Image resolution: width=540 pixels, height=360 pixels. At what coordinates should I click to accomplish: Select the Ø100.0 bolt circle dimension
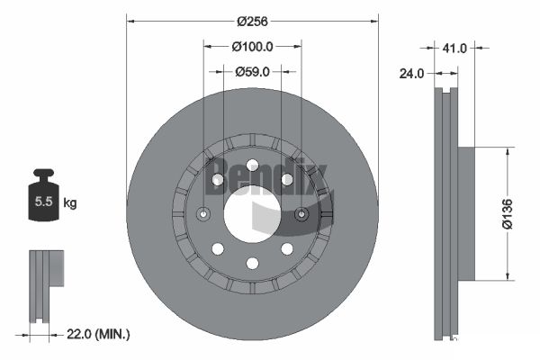click(252, 46)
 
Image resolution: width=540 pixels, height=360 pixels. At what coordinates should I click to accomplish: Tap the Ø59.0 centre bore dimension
click(252, 72)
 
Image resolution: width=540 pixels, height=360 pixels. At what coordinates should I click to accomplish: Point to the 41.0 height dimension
click(454, 49)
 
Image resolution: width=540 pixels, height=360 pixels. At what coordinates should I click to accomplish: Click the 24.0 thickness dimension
click(411, 76)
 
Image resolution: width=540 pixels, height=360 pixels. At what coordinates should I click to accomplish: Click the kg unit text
click(70, 203)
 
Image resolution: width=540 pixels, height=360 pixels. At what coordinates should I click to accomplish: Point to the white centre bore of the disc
click(252, 214)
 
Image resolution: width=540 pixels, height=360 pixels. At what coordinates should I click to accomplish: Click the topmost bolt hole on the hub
click(252, 165)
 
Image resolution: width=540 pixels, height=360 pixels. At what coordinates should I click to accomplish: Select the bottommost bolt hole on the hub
click(252, 263)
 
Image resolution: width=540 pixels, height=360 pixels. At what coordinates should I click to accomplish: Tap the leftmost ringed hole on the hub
click(203, 214)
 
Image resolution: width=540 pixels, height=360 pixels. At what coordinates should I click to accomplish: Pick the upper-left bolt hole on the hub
click(218, 180)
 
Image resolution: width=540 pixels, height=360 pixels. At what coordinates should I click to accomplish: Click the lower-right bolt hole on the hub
click(287, 248)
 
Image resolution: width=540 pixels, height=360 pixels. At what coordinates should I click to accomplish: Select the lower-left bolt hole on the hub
click(218, 248)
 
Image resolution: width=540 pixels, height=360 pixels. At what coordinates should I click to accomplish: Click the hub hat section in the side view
click(466, 213)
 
